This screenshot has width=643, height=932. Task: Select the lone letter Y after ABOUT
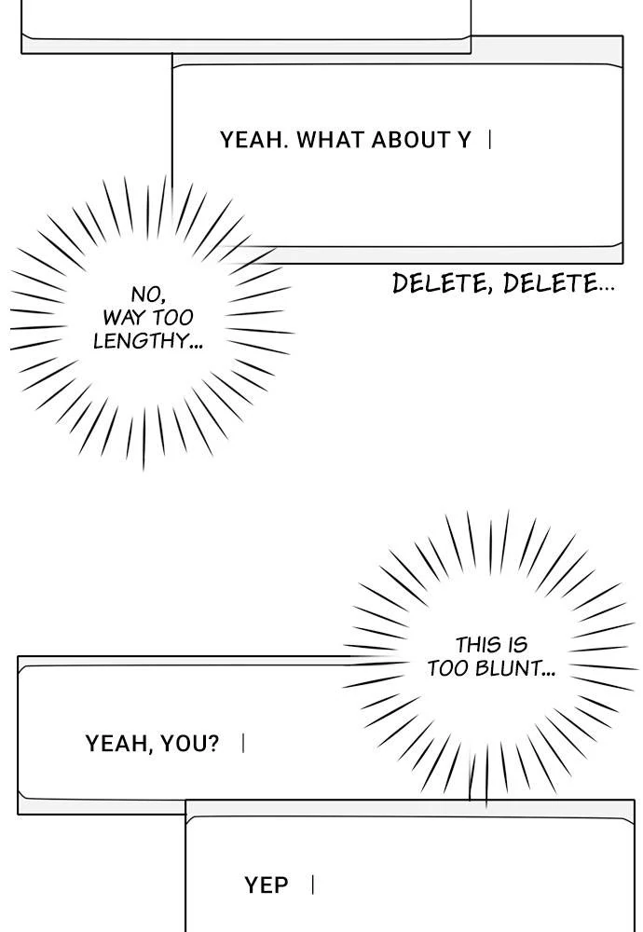click(x=463, y=141)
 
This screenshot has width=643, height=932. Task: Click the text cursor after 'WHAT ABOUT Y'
click(x=490, y=141)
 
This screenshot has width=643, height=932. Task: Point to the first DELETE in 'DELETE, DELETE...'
click(x=442, y=283)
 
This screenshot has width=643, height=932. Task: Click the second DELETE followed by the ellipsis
click(x=557, y=283)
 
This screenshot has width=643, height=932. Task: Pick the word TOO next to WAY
click(x=172, y=318)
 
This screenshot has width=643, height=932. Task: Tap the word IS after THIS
click(x=517, y=645)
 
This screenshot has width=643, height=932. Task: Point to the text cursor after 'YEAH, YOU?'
click(x=243, y=744)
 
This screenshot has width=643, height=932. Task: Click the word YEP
click(x=267, y=885)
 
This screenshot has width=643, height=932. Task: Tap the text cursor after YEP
click(x=313, y=885)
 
